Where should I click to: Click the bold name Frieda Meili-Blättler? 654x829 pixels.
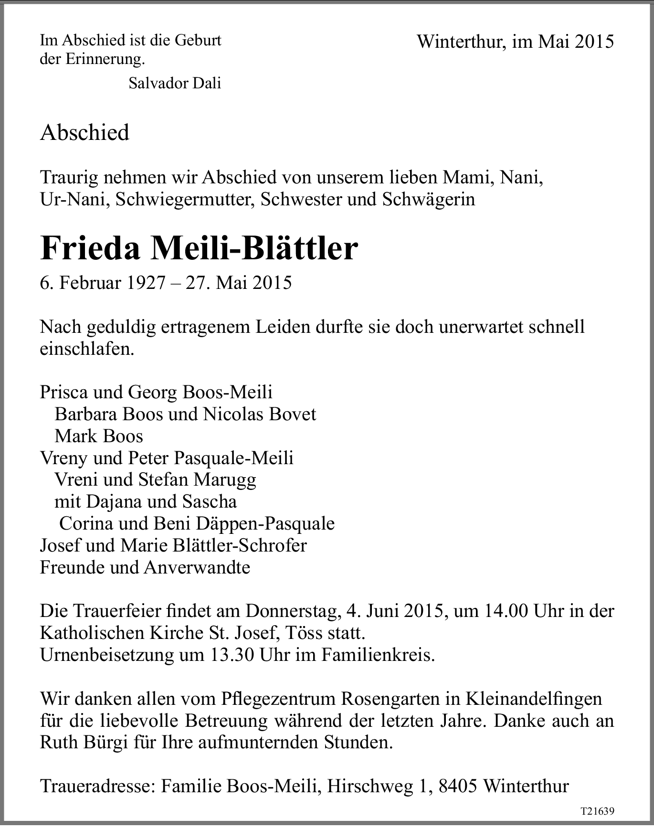pyautogui.click(x=199, y=248)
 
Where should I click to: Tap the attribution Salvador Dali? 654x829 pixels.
pyautogui.click(x=175, y=83)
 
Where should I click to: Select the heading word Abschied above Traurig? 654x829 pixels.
pyautogui.click(x=84, y=132)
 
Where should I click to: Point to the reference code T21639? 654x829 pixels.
pyautogui.click(x=597, y=811)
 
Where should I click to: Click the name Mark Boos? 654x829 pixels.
pyautogui.click(x=99, y=436)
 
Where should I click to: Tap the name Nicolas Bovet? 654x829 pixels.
pyautogui.click(x=260, y=414)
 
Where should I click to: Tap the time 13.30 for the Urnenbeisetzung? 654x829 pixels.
pyautogui.click(x=232, y=655)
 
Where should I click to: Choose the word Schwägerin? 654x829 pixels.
pyautogui.click(x=429, y=199)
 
